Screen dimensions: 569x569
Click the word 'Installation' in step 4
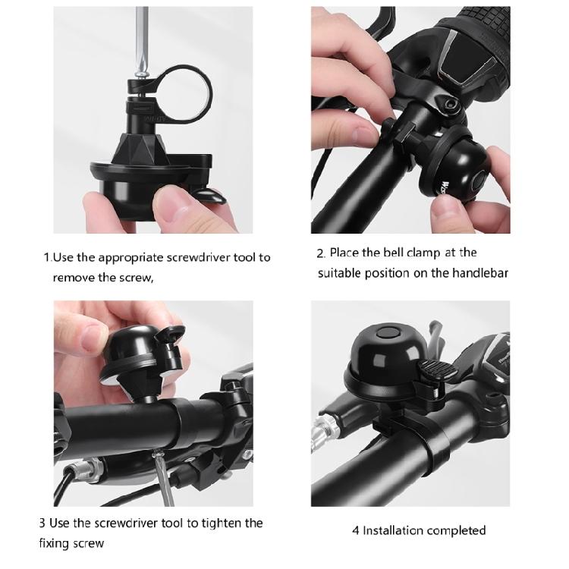point(393,530)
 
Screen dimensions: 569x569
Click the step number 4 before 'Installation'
point(356,530)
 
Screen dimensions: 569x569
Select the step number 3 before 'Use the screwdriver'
point(42,523)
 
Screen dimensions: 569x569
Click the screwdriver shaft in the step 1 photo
point(142,39)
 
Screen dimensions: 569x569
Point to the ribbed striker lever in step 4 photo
point(434,369)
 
